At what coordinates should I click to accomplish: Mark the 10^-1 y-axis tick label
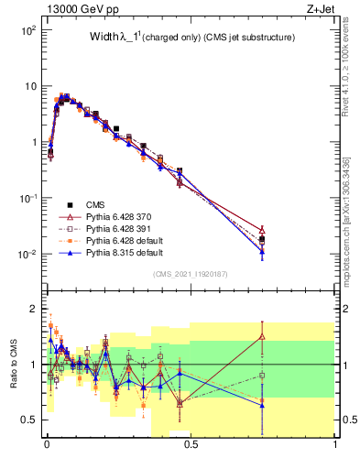[27, 199]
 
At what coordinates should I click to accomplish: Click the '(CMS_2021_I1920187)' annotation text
[191, 274]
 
